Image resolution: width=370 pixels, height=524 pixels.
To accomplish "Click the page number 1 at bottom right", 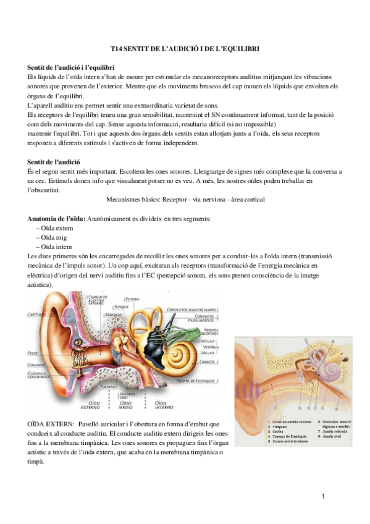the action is pos(323,497).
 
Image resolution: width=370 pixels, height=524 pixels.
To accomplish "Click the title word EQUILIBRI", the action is pos(235,48).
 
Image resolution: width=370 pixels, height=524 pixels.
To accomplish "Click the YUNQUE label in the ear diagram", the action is pos(121,306).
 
